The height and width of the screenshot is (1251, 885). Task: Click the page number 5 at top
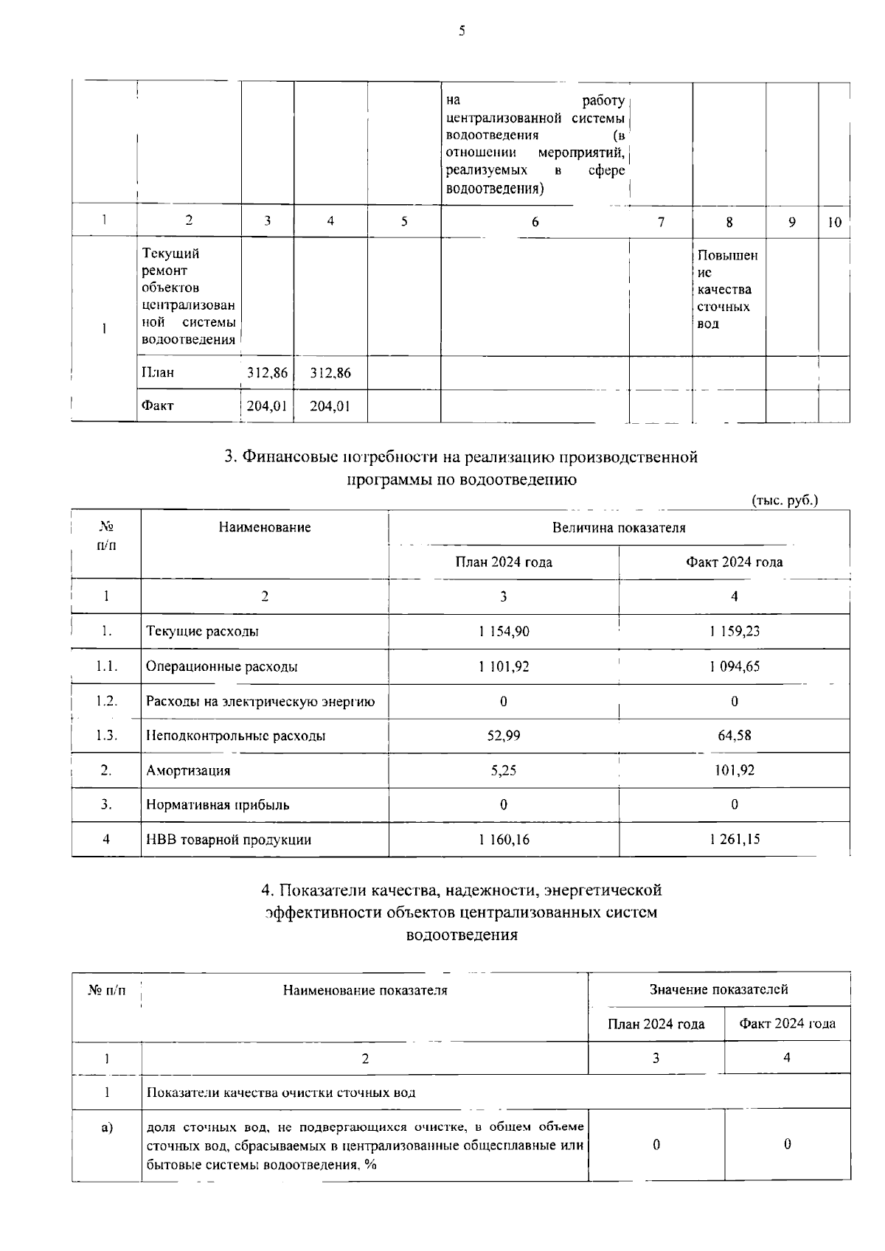tap(462, 30)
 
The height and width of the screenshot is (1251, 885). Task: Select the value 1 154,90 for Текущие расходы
tap(503, 631)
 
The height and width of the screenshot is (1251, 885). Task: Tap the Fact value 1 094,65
tap(734, 666)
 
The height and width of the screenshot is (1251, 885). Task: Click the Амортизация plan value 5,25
tap(503, 770)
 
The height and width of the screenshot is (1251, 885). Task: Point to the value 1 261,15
tap(734, 839)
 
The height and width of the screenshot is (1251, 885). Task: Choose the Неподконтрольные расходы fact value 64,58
tap(734, 735)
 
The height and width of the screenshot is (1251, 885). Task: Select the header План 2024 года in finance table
tap(503, 562)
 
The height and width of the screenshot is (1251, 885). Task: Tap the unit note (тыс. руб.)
tap(785, 501)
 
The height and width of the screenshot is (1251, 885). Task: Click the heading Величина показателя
tap(618, 528)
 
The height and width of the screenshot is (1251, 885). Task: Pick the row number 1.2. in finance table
tap(106, 701)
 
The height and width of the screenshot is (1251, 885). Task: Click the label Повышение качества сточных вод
tap(726, 289)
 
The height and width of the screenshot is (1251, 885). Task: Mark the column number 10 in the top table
tap(834, 222)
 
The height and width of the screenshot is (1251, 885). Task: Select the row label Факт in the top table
tap(157, 405)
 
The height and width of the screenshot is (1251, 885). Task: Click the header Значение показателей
tap(718, 989)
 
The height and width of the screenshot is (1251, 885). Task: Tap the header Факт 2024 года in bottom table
tap(787, 1023)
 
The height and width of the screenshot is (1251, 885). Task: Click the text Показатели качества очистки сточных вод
tap(281, 1093)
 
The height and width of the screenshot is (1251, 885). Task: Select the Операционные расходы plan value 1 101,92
tap(503, 666)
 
